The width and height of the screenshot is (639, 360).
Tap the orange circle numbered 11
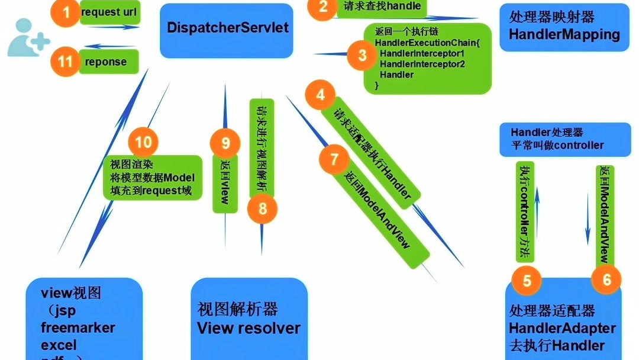[x=66, y=62]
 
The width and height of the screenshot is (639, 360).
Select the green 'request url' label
[x=109, y=12]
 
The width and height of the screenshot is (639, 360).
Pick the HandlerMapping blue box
[x=564, y=27]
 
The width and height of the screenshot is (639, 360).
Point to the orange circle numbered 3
[x=362, y=56]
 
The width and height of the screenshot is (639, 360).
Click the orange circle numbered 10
[x=143, y=142]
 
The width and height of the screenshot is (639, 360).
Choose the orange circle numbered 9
[x=225, y=143]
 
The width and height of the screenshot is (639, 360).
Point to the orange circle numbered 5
[x=527, y=280]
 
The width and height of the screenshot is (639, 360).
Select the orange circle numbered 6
[x=606, y=279]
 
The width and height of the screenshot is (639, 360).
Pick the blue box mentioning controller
[x=564, y=139]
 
